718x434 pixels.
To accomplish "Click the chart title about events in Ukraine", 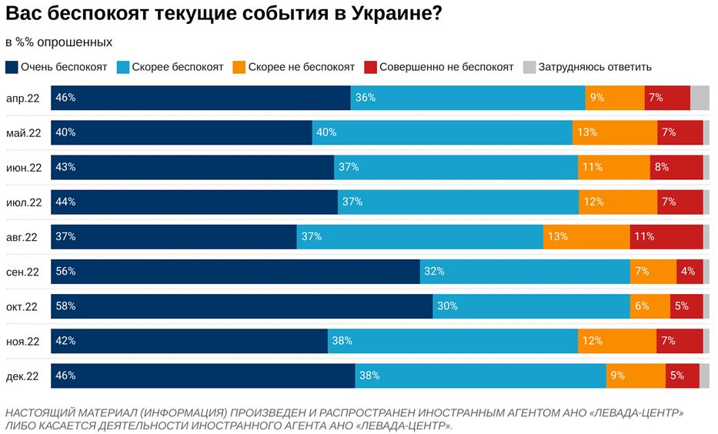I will pos(223,15).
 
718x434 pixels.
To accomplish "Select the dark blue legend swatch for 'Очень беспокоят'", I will pos(12,67).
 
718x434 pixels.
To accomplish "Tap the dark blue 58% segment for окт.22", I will pos(242,306).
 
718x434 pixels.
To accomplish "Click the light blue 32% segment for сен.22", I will pos(525,272).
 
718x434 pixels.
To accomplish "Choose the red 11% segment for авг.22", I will pos(666,237).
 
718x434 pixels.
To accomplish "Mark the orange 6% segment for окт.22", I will pos(650,306).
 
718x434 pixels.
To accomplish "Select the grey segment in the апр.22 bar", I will pos(700,98).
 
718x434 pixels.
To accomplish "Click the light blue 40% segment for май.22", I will pos(442,132).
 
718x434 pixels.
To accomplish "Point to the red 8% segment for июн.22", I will pos(676,167).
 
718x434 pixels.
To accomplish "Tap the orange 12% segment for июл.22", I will pos(618,202).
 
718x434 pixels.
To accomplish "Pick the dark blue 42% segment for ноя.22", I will pos(189,341).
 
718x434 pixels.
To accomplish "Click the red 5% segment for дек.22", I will pos(682,376).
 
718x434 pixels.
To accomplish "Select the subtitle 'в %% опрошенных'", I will pos(58,42).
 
